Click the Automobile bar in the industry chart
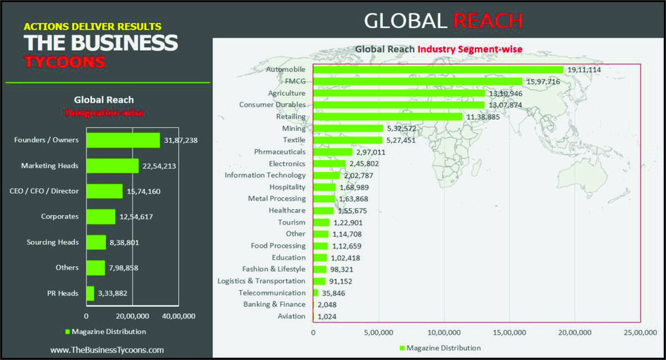(437, 69)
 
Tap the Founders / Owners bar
(122, 140)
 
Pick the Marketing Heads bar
(112, 165)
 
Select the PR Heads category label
(62, 293)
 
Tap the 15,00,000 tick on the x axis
(509, 333)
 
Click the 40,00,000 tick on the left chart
(178, 316)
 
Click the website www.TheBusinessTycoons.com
(107, 350)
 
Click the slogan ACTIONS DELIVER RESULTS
(93, 27)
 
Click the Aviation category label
(292, 316)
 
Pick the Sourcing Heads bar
(97, 242)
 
